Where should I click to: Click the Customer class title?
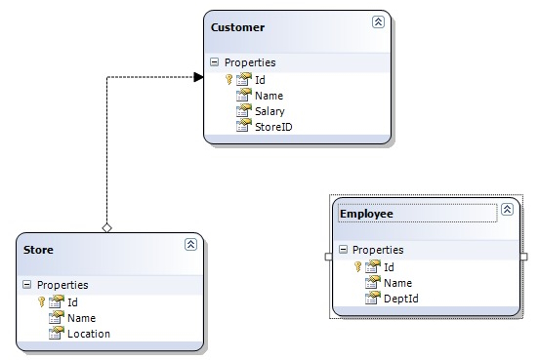click(x=238, y=27)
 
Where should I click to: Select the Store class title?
click(x=39, y=249)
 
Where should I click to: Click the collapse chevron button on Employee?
click(x=506, y=210)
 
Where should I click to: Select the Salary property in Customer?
click(x=269, y=111)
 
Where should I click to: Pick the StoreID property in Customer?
click(x=273, y=127)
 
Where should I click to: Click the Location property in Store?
click(x=88, y=334)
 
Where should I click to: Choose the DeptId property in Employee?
click(x=400, y=299)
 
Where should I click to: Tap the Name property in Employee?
click(x=397, y=283)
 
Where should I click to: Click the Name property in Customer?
click(x=269, y=96)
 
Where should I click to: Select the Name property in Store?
click(x=81, y=318)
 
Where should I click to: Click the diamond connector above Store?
click(x=106, y=227)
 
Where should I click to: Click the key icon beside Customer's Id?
click(x=228, y=80)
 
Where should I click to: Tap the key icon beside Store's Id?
click(x=41, y=301)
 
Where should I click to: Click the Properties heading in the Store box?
click(x=62, y=285)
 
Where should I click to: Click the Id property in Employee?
click(x=389, y=266)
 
